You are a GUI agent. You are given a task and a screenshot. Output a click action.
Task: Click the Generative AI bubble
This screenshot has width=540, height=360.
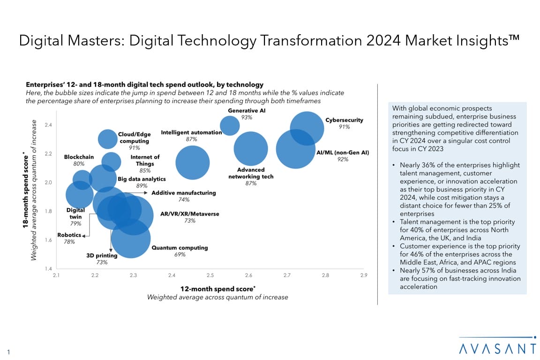230,126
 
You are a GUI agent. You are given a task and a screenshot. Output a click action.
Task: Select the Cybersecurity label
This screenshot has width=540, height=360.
344,120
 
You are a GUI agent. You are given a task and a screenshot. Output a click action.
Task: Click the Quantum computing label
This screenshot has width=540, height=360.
180,248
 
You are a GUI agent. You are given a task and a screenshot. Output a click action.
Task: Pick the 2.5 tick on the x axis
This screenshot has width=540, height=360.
210,275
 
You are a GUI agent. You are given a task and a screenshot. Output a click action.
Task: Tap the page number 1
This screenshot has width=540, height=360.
9,352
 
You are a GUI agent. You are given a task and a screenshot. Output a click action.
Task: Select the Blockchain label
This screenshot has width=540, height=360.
79,157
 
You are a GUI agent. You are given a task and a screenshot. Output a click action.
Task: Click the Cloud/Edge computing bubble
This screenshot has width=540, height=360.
108,138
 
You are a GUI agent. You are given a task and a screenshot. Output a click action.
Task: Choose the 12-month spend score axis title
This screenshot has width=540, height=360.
217,289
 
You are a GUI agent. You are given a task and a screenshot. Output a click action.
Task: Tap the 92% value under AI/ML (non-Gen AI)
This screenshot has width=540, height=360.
343,159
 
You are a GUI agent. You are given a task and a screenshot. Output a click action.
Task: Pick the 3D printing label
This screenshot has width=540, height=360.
102,255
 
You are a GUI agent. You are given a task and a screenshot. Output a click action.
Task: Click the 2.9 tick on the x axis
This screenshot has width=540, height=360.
364,275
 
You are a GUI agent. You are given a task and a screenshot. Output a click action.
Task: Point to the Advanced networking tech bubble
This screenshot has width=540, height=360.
251,149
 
